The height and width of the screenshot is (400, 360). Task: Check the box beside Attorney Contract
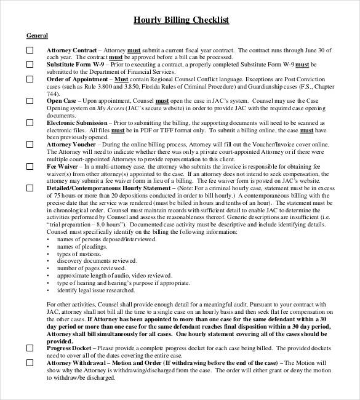(x=30, y=50)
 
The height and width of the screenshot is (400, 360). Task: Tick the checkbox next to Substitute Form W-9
(x=30, y=65)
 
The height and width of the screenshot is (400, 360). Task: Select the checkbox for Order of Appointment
(x=30, y=79)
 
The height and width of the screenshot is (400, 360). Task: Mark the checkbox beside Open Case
(x=30, y=100)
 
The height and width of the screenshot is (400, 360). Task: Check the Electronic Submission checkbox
(x=30, y=122)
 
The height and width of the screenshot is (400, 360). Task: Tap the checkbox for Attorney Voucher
(x=30, y=143)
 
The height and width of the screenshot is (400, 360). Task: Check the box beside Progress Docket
(x=30, y=348)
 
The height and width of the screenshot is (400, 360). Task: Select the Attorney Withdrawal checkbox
(x=30, y=363)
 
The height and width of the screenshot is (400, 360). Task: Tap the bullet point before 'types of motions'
(x=49, y=254)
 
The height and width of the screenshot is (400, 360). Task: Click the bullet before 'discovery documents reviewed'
(x=49, y=261)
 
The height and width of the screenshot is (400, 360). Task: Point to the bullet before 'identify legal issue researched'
(x=49, y=290)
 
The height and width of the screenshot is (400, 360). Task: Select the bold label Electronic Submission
(x=77, y=122)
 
